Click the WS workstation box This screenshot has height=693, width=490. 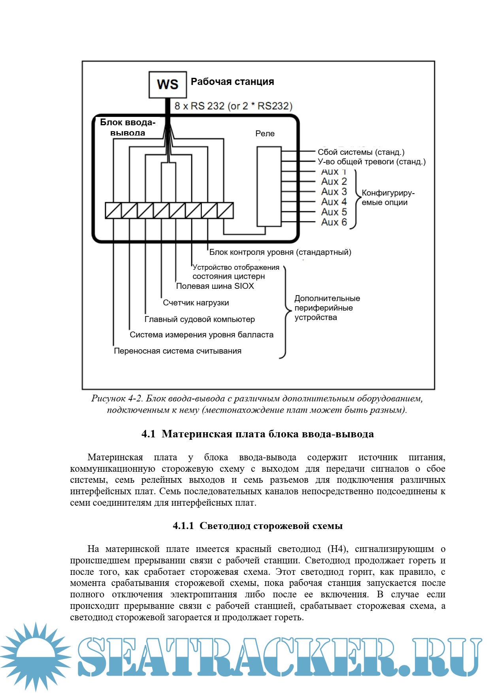tap(168, 85)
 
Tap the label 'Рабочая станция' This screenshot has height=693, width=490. tap(232, 82)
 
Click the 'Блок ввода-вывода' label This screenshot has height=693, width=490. tap(128, 127)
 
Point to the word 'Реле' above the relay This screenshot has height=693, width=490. tap(265, 134)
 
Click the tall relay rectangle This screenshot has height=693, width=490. tap(269, 186)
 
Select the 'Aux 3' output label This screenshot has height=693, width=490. tap(334, 192)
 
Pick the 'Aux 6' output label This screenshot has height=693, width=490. tap(334, 222)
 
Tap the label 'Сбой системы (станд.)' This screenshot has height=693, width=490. tap(361, 152)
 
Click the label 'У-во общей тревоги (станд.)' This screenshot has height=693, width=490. tap(371, 162)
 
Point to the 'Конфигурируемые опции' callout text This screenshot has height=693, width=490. tap(388, 198)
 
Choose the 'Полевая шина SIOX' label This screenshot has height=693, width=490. tap(215, 286)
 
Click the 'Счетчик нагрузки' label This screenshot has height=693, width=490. tap(196, 303)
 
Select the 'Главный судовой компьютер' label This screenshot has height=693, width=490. tap(200, 319)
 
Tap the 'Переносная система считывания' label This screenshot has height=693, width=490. tap(177, 351)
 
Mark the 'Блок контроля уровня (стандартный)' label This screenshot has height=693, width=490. tap(280, 252)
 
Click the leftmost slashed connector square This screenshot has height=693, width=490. tap(113, 211)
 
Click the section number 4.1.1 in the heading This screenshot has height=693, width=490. tap(183, 526)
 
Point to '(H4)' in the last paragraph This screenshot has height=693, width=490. tap(337, 549)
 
